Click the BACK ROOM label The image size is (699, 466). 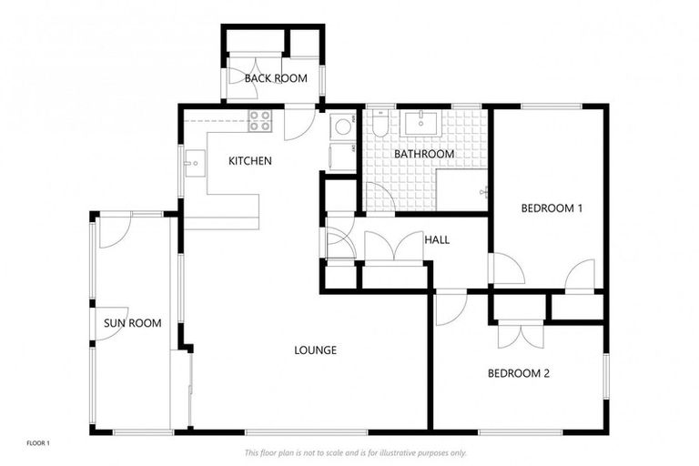coord(275,78)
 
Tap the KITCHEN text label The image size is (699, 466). coord(249,161)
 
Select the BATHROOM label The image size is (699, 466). coord(423,154)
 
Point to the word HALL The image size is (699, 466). coord(437,240)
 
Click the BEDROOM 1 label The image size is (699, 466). coord(552,208)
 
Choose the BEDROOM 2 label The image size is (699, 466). coord(518,373)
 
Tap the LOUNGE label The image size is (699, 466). coord(316,349)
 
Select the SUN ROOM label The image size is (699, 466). coord(132,323)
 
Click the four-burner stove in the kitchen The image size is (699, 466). coord(260,120)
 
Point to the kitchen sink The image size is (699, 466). coord(192,166)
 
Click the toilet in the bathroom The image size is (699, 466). coord(380,124)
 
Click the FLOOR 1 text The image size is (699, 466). coord(37,443)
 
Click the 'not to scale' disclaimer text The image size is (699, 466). coord(355,452)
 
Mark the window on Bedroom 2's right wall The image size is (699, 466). coord(605,374)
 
